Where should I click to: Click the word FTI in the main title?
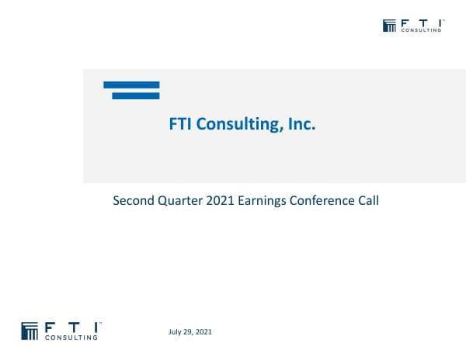pos(182,124)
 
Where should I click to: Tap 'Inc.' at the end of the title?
pos(301,124)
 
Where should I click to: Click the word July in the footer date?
pos(176,332)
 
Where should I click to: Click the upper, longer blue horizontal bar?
pos(131,85)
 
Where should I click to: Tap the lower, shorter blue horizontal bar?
pos(136,96)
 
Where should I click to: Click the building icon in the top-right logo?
pos(390,26)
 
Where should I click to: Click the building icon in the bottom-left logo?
pos(30,330)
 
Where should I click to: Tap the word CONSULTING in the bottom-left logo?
pos(72,337)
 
